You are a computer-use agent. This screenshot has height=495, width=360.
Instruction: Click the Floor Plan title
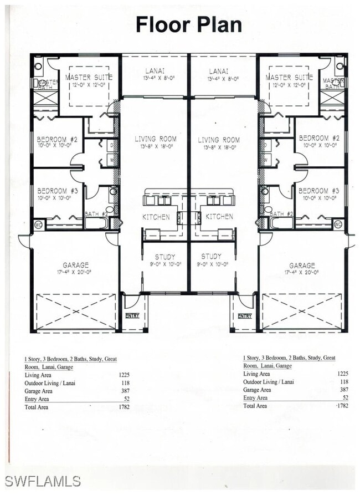[188, 24]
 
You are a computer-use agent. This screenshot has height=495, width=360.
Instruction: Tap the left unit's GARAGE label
[75, 265]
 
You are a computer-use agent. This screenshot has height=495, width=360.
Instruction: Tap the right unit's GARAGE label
[302, 265]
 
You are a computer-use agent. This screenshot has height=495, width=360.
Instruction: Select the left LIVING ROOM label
[156, 139]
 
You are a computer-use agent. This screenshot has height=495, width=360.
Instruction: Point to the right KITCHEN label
[220, 217]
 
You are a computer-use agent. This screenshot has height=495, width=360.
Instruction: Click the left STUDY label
[165, 257]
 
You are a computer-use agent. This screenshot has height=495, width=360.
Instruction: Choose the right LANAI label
[215, 72]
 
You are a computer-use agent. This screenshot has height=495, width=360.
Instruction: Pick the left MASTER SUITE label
[89, 77]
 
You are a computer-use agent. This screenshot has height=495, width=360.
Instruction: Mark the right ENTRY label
[245, 315]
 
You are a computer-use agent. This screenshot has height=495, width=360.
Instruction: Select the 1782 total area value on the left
[124, 407]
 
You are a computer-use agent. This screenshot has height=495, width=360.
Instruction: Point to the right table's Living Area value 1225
[343, 374]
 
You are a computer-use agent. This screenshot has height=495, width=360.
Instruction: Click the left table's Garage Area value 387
[125, 391]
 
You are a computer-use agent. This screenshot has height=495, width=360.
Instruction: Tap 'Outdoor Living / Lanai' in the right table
[269, 382]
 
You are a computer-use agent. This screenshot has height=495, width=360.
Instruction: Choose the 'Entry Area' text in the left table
[37, 399]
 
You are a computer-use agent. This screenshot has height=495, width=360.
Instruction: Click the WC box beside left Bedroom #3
[38, 224]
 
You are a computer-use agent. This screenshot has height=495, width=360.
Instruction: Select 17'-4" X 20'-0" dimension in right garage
[302, 273]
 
